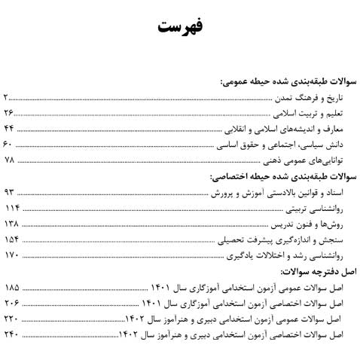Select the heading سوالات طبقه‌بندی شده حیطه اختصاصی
click(x=279, y=178)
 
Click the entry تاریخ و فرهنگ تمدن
click(x=317, y=98)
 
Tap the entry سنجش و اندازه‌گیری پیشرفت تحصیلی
click(x=294, y=240)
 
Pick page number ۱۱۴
click(x=11, y=209)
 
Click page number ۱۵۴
click(x=11, y=240)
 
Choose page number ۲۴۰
click(x=11, y=334)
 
